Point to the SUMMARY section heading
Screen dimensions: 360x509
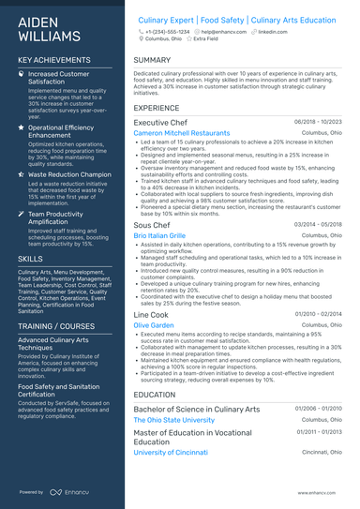[152, 60]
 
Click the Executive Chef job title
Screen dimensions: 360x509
[160, 122]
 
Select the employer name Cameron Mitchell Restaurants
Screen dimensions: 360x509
[181, 134]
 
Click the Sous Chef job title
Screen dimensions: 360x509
[152, 225]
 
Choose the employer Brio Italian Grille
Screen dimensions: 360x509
[159, 236]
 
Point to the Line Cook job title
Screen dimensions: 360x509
[151, 314]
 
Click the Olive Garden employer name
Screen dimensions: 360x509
[154, 325]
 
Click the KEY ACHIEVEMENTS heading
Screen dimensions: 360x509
[54, 60]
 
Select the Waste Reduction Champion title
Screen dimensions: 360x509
[69, 174]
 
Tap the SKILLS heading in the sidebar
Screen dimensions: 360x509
[30, 257]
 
